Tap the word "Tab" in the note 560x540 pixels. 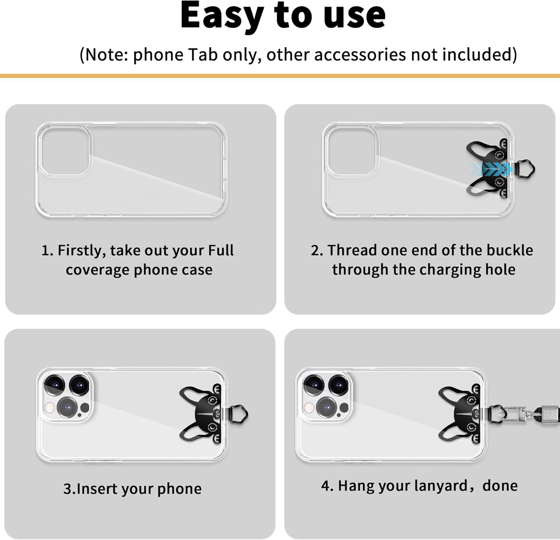click(202, 54)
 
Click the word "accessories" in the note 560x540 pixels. click(360, 54)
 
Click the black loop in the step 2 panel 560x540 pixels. click(526, 169)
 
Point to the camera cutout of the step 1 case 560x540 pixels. click(65, 151)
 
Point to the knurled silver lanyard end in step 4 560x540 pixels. click(547, 413)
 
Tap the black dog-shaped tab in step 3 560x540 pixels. click(201, 414)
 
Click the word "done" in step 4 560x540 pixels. click(500, 486)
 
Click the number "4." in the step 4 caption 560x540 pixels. click(327, 486)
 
